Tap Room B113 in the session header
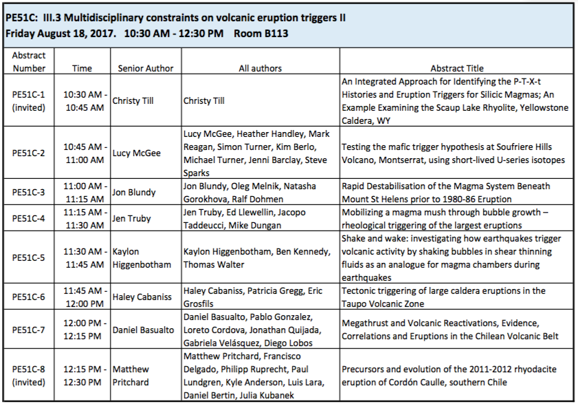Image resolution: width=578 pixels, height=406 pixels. (261, 34)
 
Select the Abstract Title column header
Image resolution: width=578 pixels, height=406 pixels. (457, 68)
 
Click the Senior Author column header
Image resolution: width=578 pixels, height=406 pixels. (146, 68)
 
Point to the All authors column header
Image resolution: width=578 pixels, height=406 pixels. (260, 68)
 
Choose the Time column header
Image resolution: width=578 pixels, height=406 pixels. (82, 68)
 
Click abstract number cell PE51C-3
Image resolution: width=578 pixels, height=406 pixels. (28, 192)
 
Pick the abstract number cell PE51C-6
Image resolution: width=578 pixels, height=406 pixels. (28, 297)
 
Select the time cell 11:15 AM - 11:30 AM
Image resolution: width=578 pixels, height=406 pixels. (85, 219)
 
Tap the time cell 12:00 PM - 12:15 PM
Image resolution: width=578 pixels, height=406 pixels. (85, 330)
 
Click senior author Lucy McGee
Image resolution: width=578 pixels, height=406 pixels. (136, 153)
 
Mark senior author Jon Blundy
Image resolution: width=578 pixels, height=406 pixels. (134, 192)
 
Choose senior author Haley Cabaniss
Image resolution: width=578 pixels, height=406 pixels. (142, 297)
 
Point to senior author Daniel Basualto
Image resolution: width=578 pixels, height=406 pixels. (143, 330)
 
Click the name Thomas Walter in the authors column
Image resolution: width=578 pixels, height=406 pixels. (214, 265)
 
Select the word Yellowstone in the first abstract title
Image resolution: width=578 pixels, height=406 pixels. (544, 108)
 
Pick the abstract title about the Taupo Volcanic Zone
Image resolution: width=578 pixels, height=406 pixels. (443, 297)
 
